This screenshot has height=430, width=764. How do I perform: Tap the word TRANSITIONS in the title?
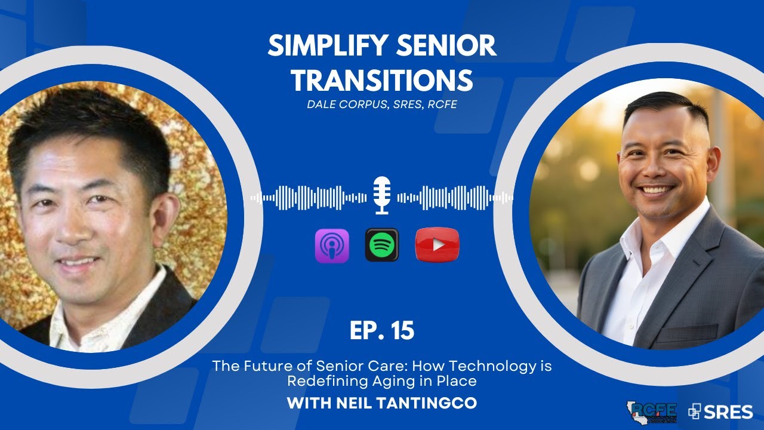(x=382, y=80)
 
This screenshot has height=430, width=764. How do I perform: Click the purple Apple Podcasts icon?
(x=332, y=245)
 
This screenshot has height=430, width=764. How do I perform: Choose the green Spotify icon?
(x=382, y=245)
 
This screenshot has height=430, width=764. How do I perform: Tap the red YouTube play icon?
(x=438, y=245)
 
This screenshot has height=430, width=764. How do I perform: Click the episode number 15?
(x=401, y=331)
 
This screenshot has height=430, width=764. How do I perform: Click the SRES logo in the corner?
(x=720, y=411)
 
